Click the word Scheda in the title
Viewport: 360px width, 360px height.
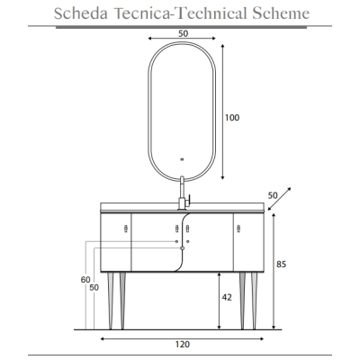tap(81, 13)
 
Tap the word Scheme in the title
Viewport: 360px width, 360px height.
tap(281, 13)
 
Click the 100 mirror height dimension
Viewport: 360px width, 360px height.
tap(232, 118)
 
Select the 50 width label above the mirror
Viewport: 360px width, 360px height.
tap(183, 33)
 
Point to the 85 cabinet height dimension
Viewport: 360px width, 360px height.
tap(281, 265)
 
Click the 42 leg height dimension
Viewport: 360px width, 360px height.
tap(227, 297)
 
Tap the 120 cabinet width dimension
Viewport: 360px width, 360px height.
tap(183, 344)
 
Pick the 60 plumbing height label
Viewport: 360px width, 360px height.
tap(85, 280)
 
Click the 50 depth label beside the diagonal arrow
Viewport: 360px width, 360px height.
tap(273, 195)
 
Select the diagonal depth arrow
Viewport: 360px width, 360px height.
tap(279, 199)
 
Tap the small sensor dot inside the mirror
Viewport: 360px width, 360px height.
tap(182, 159)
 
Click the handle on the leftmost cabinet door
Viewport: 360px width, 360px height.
tap(126, 229)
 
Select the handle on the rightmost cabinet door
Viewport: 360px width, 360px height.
tap(238, 229)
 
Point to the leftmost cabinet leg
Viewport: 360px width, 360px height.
tap(111, 301)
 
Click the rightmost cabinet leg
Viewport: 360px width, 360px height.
tap(254, 301)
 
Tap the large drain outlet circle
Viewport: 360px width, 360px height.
tap(182, 248)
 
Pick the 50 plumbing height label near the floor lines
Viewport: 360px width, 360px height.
tap(94, 288)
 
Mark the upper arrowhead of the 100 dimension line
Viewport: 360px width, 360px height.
tap(222, 47)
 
